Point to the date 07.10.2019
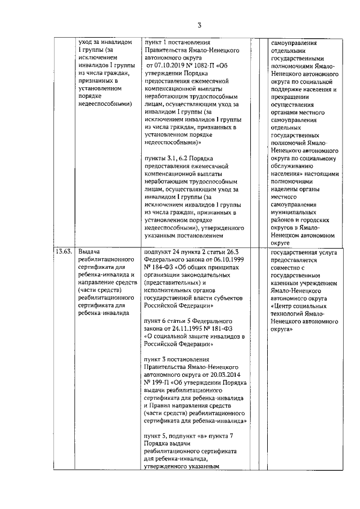click(x=168, y=65)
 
